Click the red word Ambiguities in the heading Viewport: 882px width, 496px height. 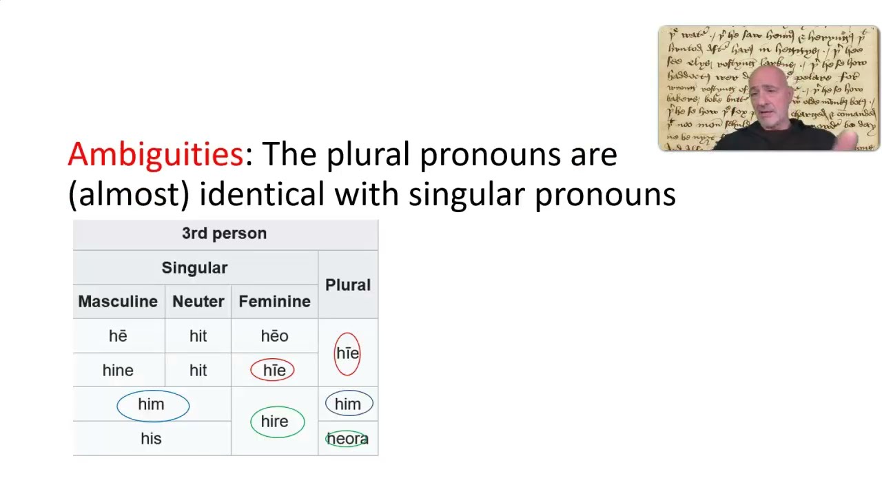(155, 154)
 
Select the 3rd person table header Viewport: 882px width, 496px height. (224, 234)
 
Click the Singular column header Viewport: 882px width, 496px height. (194, 267)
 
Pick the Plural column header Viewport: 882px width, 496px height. (348, 285)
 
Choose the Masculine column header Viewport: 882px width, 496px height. (118, 302)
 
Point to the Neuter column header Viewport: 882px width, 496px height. (198, 302)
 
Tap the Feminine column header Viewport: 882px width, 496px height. (274, 302)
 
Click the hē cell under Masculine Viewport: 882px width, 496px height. (118, 336)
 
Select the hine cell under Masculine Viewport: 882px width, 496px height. (118, 371)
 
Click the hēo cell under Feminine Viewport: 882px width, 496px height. (274, 336)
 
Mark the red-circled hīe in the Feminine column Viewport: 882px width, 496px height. (274, 371)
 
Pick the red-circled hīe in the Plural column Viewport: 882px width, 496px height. (347, 353)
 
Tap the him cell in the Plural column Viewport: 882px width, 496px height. (348, 404)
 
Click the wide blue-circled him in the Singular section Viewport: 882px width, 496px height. (152, 404)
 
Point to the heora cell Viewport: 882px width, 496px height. (347, 439)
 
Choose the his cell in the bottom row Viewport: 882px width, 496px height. (151, 439)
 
